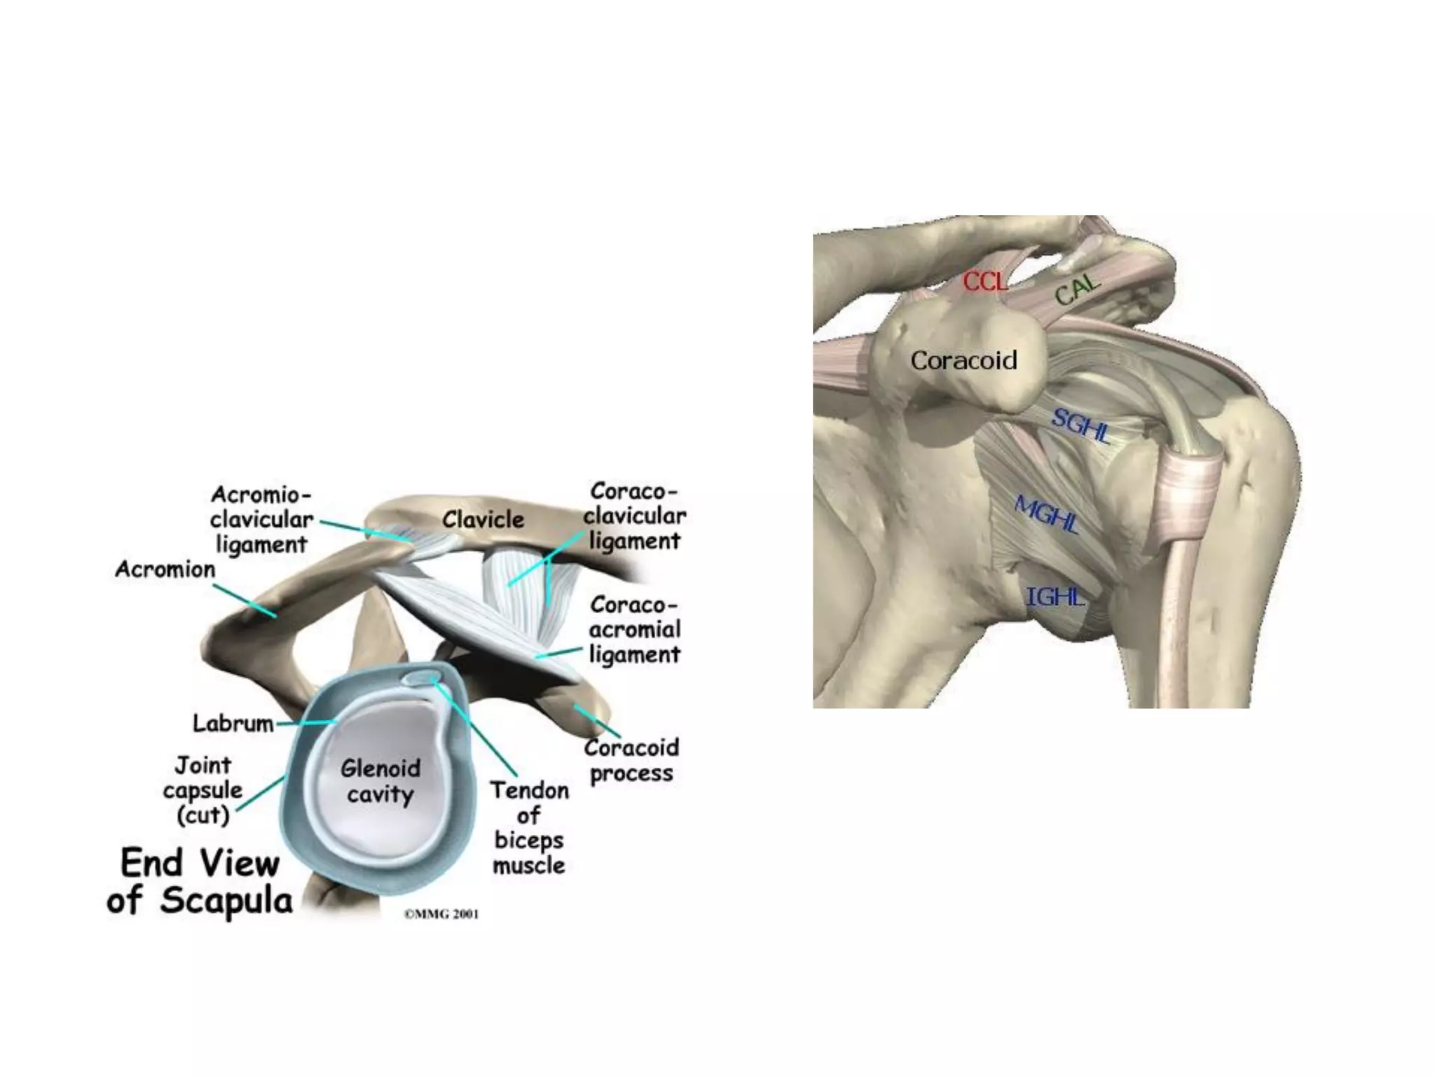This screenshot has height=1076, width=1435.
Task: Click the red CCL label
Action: (984, 282)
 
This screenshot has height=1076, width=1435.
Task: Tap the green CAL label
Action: (1078, 289)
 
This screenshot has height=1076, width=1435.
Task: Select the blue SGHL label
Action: (1080, 425)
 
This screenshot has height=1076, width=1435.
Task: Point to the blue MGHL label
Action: (1046, 515)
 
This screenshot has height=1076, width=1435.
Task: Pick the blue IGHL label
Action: (1055, 597)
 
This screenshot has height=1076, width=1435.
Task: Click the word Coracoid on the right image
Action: (963, 361)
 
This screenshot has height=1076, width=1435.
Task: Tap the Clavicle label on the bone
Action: (483, 520)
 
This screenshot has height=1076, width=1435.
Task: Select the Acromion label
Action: (165, 570)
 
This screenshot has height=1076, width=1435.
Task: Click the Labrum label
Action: (233, 723)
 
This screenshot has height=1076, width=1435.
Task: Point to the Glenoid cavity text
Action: (380, 781)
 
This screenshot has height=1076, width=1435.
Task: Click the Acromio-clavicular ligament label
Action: (261, 520)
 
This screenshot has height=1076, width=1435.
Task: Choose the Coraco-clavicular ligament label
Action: (634, 516)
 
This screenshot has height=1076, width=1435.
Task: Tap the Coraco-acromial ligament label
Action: (634, 630)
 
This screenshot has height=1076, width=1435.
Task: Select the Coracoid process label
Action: (631, 761)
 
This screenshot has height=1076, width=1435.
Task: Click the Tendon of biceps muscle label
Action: (529, 828)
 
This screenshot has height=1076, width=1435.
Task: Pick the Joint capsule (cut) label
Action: (202, 790)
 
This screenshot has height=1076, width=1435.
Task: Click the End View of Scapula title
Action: (200, 881)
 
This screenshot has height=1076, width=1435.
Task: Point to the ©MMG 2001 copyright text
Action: (441, 913)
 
